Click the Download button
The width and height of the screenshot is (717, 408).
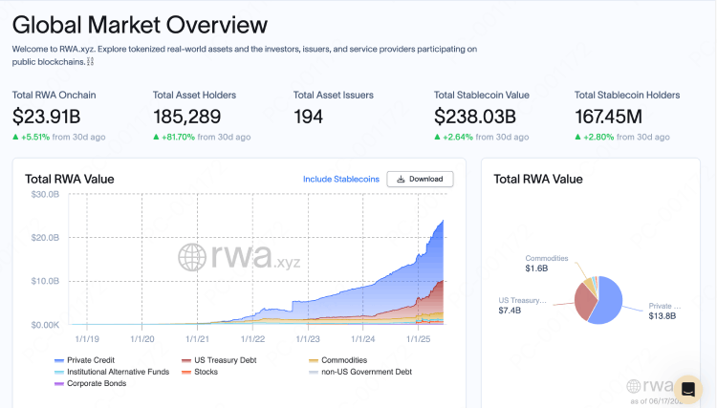click(420, 179)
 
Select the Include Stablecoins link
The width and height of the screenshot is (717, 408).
click(341, 179)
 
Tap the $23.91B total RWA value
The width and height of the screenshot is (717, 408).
click(48, 117)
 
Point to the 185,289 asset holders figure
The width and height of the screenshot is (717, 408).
click(186, 117)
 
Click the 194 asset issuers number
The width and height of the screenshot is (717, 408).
click(308, 117)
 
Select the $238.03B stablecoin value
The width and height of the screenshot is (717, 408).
click(475, 117)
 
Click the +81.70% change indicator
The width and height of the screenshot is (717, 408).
click(181, 138)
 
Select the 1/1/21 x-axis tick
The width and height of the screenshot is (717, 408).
click(198, 337)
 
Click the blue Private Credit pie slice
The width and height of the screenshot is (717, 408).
click(611, 301)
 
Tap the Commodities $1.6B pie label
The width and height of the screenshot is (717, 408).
click(546, 264)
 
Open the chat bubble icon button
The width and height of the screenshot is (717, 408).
click(687, 389)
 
